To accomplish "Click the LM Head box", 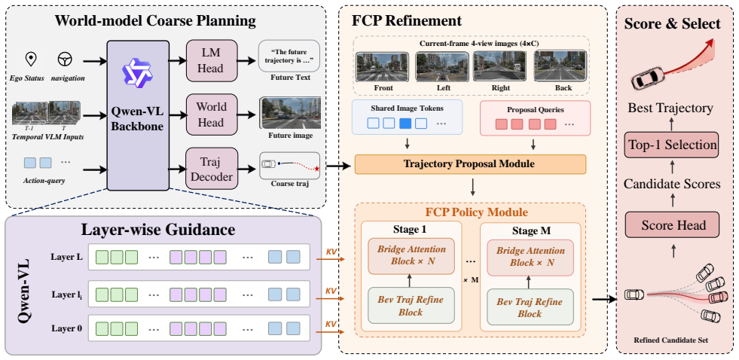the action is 210,59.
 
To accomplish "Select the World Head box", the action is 210,114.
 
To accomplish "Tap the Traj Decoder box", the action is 210,169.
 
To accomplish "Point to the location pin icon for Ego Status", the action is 31,59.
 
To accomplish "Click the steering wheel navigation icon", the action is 64,59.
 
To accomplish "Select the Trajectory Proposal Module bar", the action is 470,164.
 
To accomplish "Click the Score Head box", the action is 673,224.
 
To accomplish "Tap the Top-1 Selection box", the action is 673,145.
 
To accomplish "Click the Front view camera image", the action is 383,67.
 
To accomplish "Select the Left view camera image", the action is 442,67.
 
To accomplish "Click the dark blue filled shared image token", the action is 405,124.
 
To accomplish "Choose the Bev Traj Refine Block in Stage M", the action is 530,307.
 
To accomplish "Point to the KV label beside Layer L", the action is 331,252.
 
